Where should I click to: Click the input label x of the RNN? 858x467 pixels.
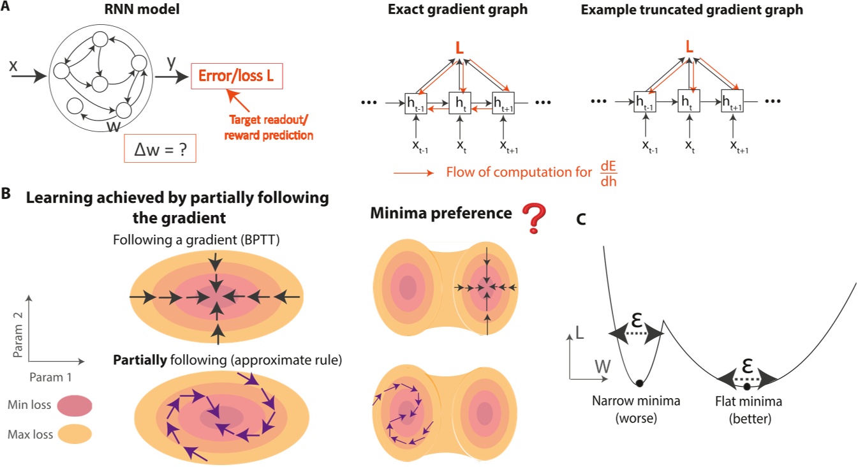14,65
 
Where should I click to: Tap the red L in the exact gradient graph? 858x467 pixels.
459,47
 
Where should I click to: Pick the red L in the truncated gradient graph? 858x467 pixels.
688,47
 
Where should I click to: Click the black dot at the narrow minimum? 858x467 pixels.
638,383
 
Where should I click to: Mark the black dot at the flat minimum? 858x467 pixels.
747,387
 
